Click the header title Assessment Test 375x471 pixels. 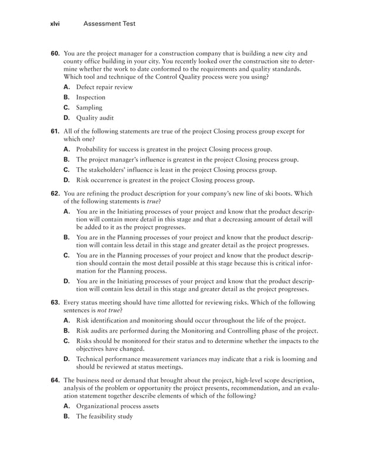click(109, 24)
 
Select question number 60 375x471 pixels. click(55, 53)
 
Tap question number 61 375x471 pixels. click(55, 131)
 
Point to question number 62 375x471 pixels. click(55, 194)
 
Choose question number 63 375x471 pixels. click(55, 303)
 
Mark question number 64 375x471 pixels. click(55, 380)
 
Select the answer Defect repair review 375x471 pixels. click(105, 87)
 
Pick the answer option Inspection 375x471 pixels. click(91, 97)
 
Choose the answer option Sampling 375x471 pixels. click(89, 108)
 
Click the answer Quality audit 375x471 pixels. click(95, 118)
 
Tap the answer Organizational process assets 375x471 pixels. click(126, 406)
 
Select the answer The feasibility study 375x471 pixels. click(105, 417)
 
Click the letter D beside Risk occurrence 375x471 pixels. click(66, 180)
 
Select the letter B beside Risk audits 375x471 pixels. click(66, 330)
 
